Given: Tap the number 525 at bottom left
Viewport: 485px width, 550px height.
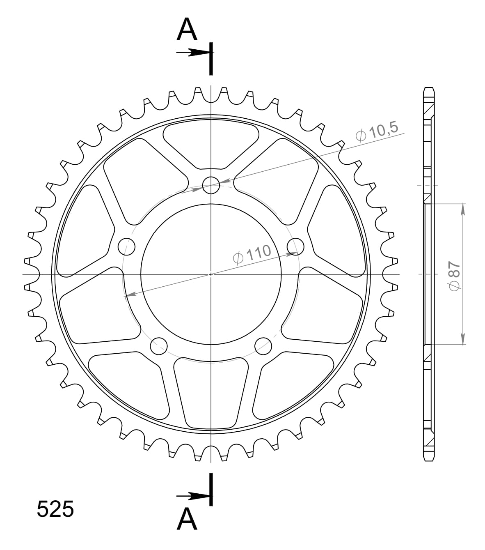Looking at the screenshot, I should point(55,509).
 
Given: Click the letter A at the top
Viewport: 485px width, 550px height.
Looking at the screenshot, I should point(187,30).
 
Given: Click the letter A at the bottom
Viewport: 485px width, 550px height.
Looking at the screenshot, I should point(187,519).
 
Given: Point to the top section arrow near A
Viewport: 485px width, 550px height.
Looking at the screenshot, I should point(193,53).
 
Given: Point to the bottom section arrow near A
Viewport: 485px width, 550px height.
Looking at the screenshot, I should point(193,497).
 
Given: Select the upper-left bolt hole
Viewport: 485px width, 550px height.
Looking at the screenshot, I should point(126,246).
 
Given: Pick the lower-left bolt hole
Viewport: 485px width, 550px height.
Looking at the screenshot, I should point(159,346).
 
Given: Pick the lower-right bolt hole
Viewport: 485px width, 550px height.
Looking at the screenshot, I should point(263,346).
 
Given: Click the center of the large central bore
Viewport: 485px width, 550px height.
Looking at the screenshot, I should point(211,274).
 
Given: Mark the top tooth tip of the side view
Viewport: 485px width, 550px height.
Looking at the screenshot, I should point(428,88).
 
